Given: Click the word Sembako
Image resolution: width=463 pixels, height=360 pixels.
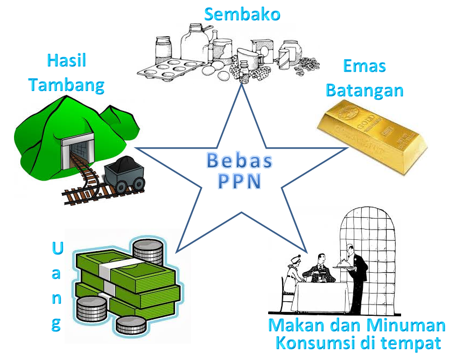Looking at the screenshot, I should pyautogui.click(x=242, y=15).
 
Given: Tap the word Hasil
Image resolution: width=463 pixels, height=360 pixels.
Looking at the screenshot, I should pyautogui.click(x=67, y=60).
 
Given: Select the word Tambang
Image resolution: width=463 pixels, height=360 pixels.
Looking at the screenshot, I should pyautogui.click(x=66, y=85).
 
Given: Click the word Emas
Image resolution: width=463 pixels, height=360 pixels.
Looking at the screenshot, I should pyautogui.click(x=364, y=66).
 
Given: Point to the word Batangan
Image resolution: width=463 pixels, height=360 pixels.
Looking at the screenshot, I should pyautogui.click(x=364, y=90).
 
